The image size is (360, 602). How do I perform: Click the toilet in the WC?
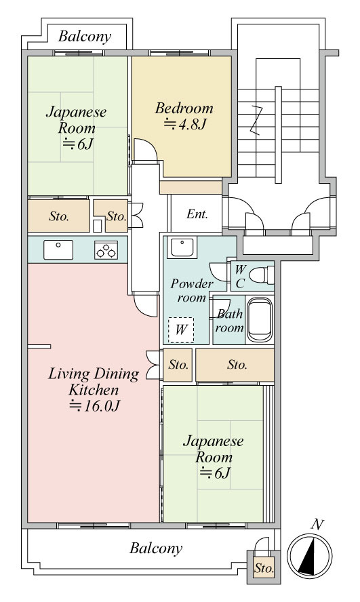click(x=262, y=275)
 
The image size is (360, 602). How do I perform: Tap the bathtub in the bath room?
click(x=260, y=319)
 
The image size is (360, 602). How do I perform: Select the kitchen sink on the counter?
click(x=58, y=249)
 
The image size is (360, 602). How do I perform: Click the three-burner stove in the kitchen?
click(x=106, y=250)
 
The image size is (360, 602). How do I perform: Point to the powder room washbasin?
click(x=182, y=247)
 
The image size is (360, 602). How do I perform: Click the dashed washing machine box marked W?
click(x=181, y=329)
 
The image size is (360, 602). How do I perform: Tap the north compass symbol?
click(x=310, y=555)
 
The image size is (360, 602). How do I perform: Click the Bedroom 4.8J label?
click(x=184, y=115)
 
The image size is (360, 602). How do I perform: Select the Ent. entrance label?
click(x=197, y=214)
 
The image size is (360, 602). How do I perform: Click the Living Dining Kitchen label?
click(x=94, y=390)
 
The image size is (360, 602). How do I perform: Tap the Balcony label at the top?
click(x=85, y=37)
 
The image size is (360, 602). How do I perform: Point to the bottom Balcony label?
click(x=156, y=548)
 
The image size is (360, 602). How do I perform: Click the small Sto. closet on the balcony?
click(x=264, y=567)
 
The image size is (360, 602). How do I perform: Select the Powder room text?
click(x=191, y=291)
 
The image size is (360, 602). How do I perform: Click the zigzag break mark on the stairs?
click(x=257, y=120)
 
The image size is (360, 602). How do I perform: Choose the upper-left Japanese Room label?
click(x=77, y=128)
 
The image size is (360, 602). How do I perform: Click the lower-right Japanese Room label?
click(x=214, y=457)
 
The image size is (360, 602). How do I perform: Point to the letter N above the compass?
click(x=317, y=524)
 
